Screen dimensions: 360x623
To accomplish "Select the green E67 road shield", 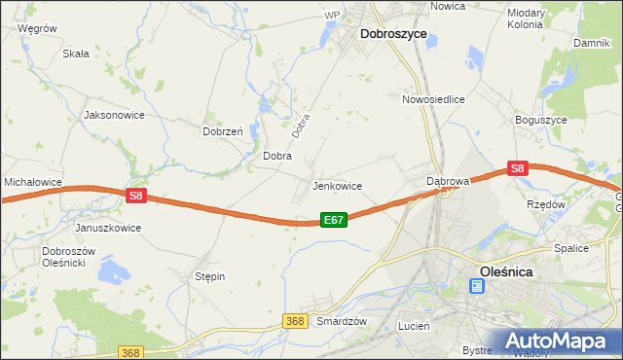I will tap(333, 221).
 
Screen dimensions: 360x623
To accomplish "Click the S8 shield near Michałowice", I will tap(135, 196).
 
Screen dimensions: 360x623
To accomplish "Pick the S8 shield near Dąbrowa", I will tap(517, 168).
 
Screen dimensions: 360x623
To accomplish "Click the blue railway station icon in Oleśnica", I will tap(476, 286).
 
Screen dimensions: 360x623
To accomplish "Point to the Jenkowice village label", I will tap(337, 186).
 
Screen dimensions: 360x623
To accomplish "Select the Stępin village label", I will tap(209, 276).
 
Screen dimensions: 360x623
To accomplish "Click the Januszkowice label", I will tap(108, 228).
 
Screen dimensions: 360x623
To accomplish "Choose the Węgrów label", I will tap(37, 29).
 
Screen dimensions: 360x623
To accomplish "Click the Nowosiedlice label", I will tap(433, 99).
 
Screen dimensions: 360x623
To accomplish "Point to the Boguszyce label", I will tap(540, 120).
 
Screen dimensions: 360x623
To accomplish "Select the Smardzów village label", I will tap(342, 321).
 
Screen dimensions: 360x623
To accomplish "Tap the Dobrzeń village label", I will tap(222, 131).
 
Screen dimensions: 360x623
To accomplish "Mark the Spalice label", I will tap(571, 248).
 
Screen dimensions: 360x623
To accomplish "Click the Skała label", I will tap(75, 54).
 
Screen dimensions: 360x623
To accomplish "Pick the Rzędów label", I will tap(545, 204).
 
